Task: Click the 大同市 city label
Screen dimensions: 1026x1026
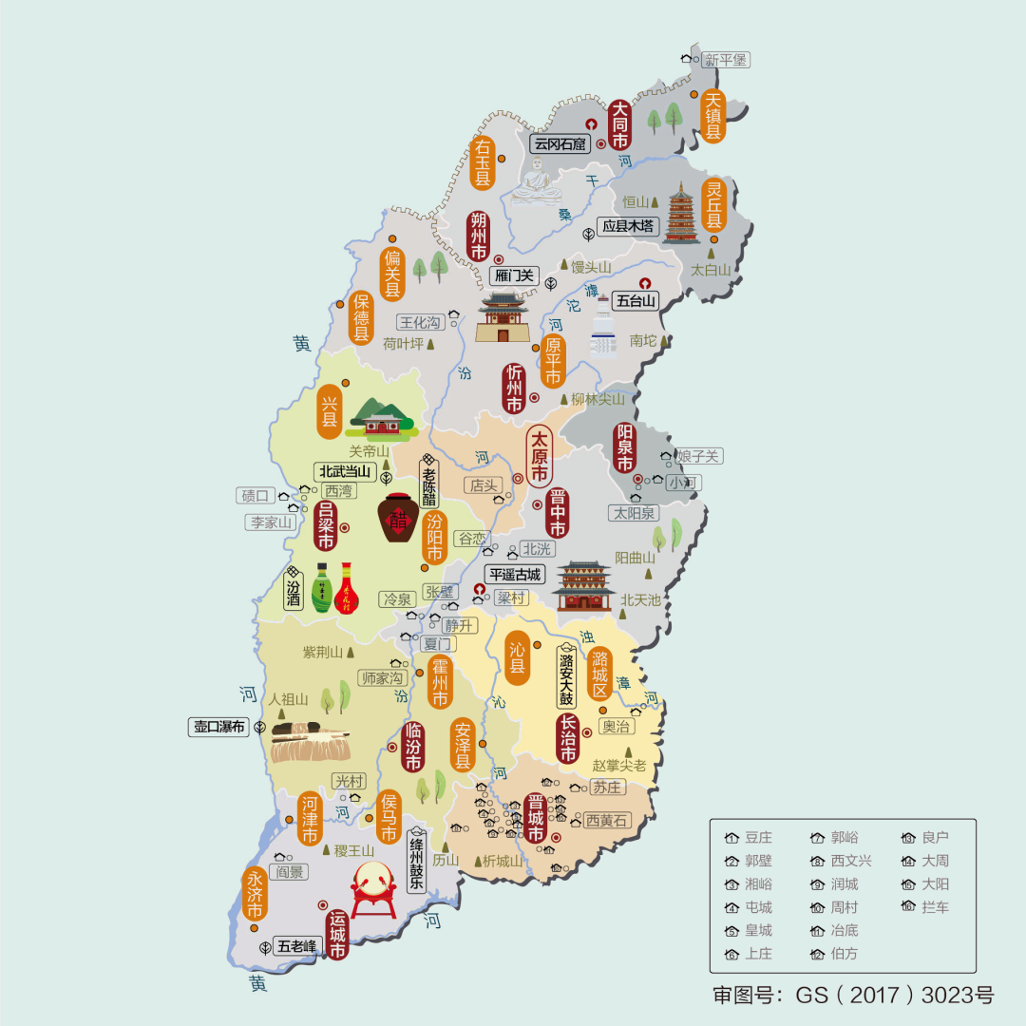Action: coord(619,124)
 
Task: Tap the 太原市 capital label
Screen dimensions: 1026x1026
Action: coord(540,457)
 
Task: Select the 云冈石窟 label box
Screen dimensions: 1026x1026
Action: coord(560,144)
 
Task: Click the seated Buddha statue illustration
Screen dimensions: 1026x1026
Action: coord(538,180)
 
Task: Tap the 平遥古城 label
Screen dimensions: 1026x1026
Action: coord(514,575)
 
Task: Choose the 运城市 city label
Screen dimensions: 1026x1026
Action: coord(337,935)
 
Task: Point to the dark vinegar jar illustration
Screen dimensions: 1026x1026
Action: coord(400,517)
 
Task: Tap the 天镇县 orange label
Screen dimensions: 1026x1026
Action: coord(713,116)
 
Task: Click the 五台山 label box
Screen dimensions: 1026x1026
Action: coord(636,301)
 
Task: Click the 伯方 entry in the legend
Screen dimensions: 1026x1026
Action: coord(835,953)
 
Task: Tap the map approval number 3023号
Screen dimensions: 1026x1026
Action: coord(959,996)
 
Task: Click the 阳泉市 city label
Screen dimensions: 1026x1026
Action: coord(624,448)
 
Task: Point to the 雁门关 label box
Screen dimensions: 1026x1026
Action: coord(515,276)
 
